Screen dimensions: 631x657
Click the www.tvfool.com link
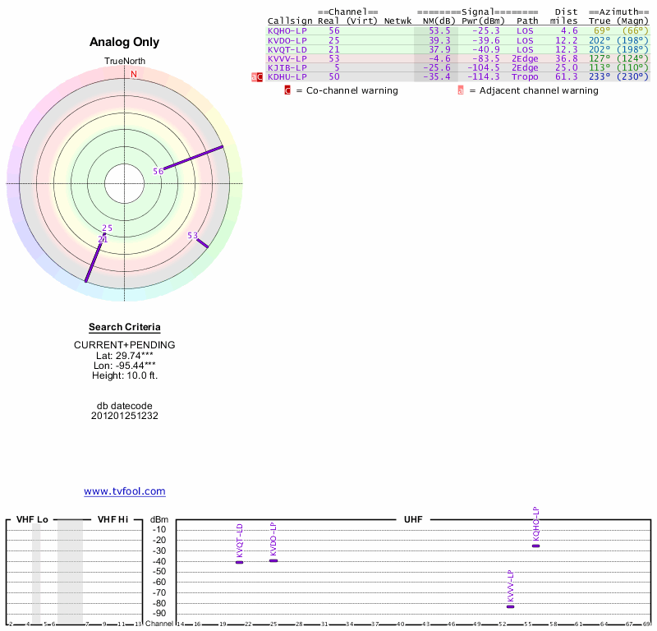pos(125,491)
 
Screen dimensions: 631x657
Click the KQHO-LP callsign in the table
pos(287,30)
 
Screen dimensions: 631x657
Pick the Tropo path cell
pos(525,76)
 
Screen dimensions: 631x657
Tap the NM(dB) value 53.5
pos(439,30)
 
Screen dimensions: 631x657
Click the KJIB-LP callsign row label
pos(287,67)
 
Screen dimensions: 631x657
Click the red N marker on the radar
pos(134,74)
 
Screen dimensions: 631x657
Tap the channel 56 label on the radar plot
pos(159,171)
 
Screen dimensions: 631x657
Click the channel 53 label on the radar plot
pos(193,236)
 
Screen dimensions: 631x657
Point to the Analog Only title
pos(125,43)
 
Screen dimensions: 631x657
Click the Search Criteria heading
pos(125,327)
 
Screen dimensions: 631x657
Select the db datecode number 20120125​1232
pos(125,416)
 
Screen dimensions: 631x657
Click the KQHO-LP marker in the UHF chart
pos(535,546)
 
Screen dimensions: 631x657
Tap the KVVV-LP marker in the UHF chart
pos(510,606)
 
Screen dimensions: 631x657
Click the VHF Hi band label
pos(113,519)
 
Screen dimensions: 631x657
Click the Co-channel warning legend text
pos(351,90)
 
